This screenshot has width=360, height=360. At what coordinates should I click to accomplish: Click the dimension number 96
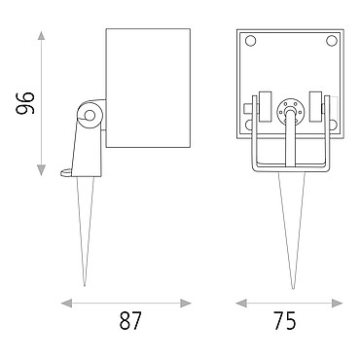tap(25, 103)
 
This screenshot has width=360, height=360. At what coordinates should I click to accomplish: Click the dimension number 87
tap(130, 321)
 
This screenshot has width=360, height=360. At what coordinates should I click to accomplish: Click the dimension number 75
tap(285, 321)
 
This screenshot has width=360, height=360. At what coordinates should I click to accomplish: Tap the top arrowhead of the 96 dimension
tap(41, 36)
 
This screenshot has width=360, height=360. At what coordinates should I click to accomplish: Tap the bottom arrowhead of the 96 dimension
tap(41, 170)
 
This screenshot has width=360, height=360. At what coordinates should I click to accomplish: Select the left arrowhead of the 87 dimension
tap(66, 304)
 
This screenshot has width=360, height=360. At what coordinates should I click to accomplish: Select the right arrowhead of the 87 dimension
tap(186, 304)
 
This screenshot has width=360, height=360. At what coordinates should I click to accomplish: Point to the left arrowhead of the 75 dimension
tap(241, 304)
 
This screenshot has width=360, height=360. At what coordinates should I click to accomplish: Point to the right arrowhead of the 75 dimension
tap(338, 304)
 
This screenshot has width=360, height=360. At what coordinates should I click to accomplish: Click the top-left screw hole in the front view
tap(251, 41)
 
